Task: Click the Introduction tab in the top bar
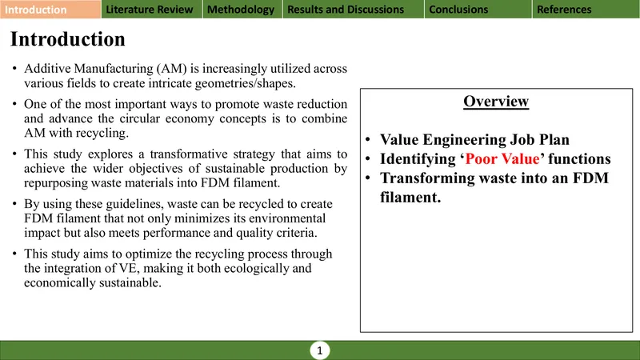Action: click(x=50, y=10)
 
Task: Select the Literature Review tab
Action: click(x=151, y=10)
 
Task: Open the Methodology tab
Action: click(x=242, y=10)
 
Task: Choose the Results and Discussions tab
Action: click(x=353, y=10)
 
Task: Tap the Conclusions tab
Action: click(x=478, y=10)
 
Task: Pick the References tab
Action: click(x=586, y=10)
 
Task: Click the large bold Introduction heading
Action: click(x=68, y=39)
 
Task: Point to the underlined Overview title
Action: click(x=496, y=102)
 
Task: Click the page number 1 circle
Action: click(x=319, y=350)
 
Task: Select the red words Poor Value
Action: click(x=502, y=158)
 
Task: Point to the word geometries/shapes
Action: click(x=246, y=84)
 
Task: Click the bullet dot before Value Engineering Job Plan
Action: click(x=368, y=139)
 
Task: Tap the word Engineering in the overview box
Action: click(x=464, y=140)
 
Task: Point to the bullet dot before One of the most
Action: click(x=14, y=104)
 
